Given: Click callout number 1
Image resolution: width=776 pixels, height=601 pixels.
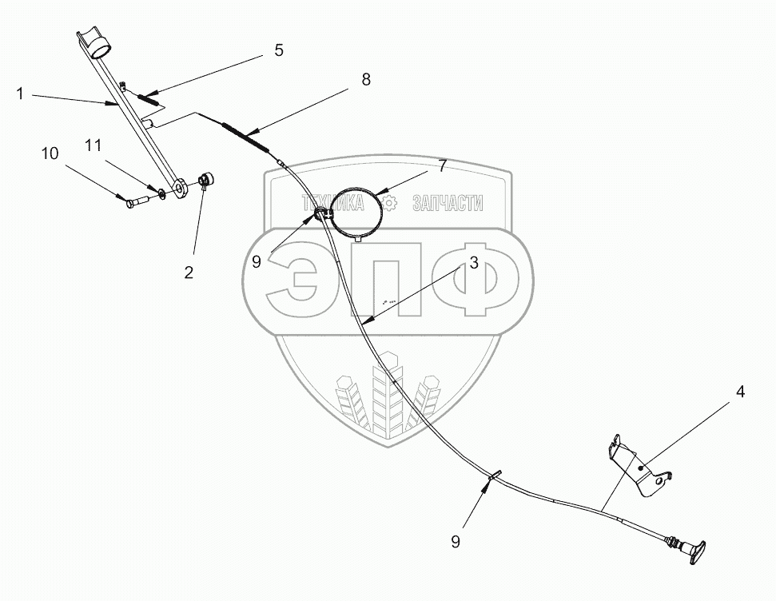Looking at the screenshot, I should tap(20, 94).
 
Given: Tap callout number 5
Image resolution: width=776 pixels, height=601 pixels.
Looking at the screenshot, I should tap(278, 50).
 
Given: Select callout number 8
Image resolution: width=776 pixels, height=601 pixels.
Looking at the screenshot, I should tap(366, 79).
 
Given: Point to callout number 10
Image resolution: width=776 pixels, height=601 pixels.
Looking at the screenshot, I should tap(50, 153).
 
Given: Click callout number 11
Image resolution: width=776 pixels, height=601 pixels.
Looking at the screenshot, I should tap(94, 145).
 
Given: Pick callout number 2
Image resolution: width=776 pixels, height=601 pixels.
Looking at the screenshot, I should tap(189, 273).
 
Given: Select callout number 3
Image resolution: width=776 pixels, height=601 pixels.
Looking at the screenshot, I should tap(474, 263).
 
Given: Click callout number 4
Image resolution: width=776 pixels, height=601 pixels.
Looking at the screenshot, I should tap(740, 392).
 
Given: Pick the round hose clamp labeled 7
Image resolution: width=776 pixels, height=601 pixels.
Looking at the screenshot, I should tap(358, 209).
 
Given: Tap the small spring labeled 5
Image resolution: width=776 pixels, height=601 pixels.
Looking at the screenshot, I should tap(149, 99).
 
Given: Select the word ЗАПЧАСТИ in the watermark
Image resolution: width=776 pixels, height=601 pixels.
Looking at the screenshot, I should tap(447, 203).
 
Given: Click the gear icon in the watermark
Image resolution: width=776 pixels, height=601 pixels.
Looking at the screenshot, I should tap(389, 203).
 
